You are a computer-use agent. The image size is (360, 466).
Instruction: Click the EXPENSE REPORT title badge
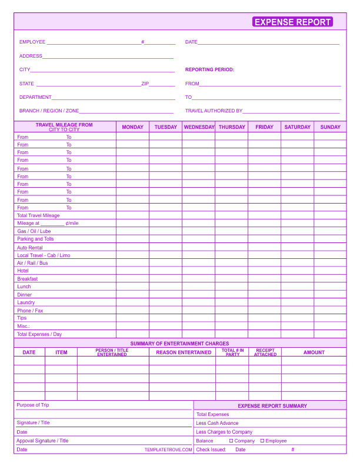[x=292, y=22]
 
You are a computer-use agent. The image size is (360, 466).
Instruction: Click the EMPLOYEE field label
[x=32, y=42]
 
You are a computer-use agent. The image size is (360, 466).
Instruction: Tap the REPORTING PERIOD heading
[x=209, y=69]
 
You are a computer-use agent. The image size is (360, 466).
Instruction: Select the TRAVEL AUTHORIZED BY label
[x=214, y=111]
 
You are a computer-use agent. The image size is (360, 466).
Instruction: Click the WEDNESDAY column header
[x=199, y=127]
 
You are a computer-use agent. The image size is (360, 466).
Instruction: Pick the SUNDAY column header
[x=330, y=127]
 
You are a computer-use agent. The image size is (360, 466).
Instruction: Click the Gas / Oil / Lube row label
[x=34, y=231]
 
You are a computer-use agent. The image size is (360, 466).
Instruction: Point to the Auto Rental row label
[x=30, y=248]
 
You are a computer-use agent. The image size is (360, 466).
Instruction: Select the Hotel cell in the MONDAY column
[x=132, y=271]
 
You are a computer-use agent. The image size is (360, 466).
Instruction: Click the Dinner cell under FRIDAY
[x=264, y=295]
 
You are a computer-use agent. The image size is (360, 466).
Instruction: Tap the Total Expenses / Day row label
[x=39, y=334]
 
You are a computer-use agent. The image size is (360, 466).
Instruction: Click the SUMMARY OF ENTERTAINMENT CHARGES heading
[x=179, y=344]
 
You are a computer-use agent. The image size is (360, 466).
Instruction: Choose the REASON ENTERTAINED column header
[x=184, y=352]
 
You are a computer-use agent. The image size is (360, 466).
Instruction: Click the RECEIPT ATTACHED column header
[x=265, y=352]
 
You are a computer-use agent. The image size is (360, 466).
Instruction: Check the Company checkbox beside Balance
[x=232, y=441]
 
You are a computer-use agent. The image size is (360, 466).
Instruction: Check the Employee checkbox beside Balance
[x=262, y=441]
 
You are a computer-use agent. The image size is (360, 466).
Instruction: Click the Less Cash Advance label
[x=217, y=423]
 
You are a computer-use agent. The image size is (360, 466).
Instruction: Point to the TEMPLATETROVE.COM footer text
[x=168, y=450]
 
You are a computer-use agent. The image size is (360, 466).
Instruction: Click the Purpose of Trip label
[x=33, y=405]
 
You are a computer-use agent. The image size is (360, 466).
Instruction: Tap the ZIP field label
[x=145, y=84]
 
